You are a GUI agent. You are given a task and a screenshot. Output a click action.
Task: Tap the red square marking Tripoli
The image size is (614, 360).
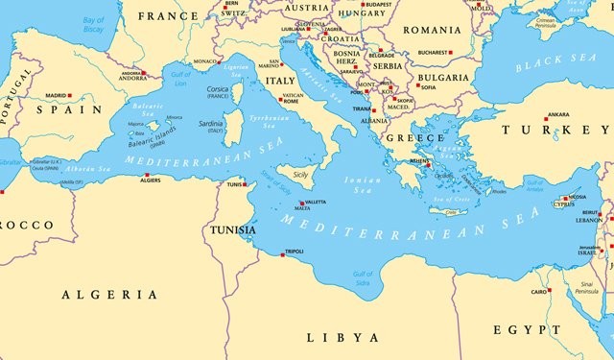click(283, 253)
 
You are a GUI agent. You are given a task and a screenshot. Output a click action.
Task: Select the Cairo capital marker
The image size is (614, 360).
click(551, 291)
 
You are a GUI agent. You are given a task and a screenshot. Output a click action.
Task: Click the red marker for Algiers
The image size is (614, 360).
click(146, 175)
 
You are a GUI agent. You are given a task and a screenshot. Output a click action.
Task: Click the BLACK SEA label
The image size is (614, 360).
click(555, 63)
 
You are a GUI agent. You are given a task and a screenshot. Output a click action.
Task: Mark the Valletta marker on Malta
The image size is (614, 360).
click(303, 203)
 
